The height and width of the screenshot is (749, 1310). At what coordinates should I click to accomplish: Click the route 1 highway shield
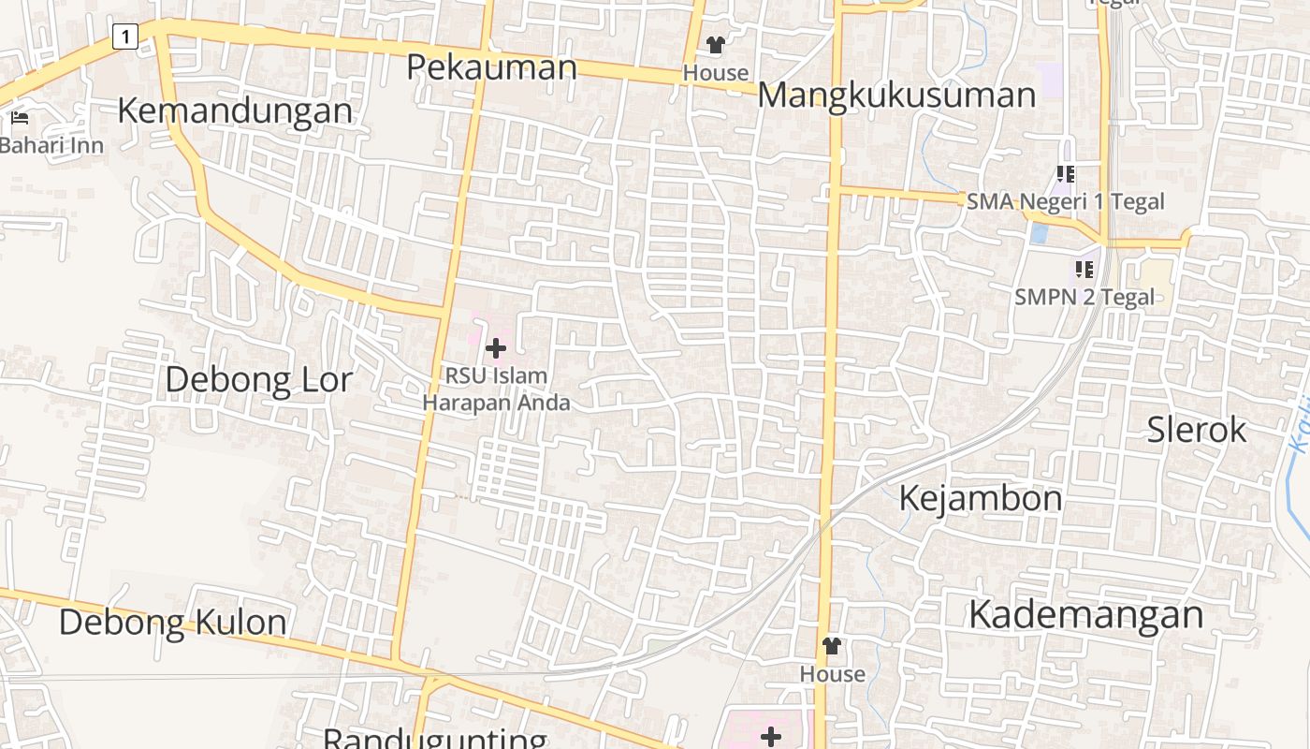coord(124,37)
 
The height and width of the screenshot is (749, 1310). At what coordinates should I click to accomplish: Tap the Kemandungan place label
coord(235,110)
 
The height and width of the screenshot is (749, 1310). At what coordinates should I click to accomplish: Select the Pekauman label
coord(492,66)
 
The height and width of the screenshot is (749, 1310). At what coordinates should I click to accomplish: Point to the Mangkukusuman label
coord(896,95)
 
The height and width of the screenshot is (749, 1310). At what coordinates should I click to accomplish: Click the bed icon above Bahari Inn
coord(20,119)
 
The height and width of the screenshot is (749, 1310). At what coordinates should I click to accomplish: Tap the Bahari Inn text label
coord(51,145)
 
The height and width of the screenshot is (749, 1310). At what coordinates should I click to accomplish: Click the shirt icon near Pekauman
coord(716,45)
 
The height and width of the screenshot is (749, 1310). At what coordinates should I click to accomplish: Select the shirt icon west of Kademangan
coord(831,646)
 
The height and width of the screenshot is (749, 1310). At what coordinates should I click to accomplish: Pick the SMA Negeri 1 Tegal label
coord(1065,201)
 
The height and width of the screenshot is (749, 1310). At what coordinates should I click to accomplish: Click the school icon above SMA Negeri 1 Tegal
coord(1065,174)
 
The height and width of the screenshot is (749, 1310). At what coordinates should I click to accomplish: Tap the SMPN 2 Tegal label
coord(1084,297)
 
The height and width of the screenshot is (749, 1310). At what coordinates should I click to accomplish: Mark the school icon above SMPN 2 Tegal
coord(1084,271)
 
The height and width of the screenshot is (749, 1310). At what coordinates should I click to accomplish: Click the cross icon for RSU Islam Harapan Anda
coord(496,349)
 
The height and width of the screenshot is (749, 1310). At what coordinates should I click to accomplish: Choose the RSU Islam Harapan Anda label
coord(496,389)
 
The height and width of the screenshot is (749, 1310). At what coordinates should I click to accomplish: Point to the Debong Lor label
coord(258,379)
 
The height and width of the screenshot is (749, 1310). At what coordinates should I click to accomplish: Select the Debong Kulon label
coord(173,622)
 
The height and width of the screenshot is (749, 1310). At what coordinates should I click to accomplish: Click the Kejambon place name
coord(980,497)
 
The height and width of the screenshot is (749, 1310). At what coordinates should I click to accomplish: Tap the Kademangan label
coord(1085,614)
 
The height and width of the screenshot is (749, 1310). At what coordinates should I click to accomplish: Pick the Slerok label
coord(1197,429)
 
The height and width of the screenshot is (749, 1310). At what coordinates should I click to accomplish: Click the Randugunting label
coord(435,738)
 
